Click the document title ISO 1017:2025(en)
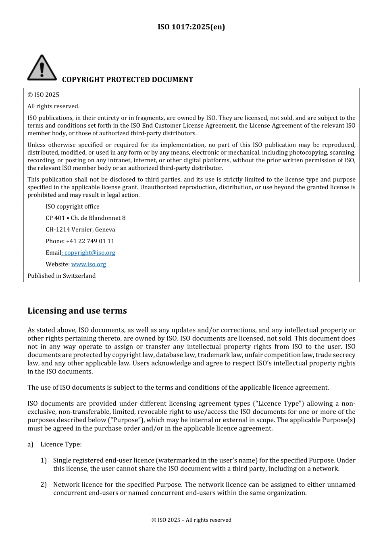[191, 27]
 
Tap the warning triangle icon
[42, 68]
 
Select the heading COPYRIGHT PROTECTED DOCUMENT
[127, 80]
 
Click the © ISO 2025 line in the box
[43, 95]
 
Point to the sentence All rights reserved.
[53, 106]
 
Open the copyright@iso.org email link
[90, 253]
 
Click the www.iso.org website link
[88, 264]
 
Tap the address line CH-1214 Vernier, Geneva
[80, 229]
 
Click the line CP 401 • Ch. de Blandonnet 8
[85, 218]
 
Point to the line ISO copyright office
[72, 206]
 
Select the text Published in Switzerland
[61, 276]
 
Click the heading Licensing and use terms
[77, 311]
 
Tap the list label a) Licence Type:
[54, 444]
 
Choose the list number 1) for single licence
[44, 460]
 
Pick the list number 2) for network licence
[44, 485]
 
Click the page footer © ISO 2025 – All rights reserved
[191, 520]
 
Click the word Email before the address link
[53, 253]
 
